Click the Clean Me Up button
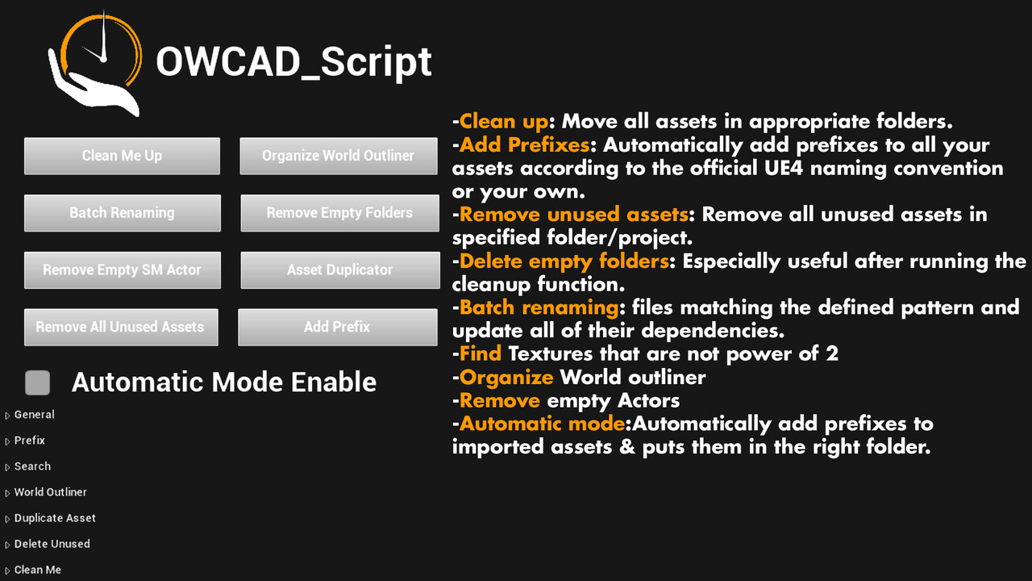pos(122,156)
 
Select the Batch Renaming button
pos(123,213)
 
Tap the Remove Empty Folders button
pos(340,213)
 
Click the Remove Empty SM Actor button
pos(123,270)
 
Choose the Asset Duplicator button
pos(340,270)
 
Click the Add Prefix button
pos(338,328)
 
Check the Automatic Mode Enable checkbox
pos(37,382)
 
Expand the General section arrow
pos(7,416)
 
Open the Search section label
pos(32,466)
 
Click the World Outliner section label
pos(50,492)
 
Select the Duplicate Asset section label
pos(55,518)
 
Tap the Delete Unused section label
pos(52,544)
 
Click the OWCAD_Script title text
pos(294,62)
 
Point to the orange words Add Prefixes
pos(524,144)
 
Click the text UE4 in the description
pos(783,168)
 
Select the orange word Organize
pos(506,378)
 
